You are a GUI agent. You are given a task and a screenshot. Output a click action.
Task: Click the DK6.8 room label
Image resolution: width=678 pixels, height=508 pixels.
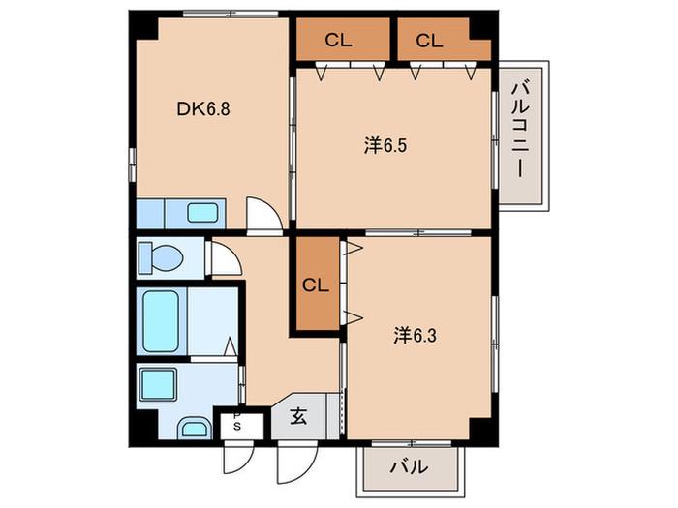(x=203, y=109)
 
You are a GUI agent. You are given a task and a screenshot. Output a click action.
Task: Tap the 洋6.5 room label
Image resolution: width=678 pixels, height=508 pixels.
(x=385, y=146)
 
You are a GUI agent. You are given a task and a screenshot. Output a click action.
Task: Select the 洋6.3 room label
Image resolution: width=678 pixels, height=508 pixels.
(x=415, y=336)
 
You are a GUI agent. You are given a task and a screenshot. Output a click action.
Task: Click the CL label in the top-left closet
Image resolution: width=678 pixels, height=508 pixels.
(x=338, y=41)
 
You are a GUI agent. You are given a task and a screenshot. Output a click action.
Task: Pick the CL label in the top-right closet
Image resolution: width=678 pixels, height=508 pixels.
(x=429, y=41)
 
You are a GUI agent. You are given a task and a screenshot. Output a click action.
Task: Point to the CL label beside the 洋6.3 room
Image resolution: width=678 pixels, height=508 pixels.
(x=315, y=285)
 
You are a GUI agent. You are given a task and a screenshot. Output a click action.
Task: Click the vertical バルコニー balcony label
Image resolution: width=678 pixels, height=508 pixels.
(x=521, y=130)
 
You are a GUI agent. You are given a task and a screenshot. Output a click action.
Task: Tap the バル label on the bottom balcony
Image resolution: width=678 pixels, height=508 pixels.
(x=410, y=467)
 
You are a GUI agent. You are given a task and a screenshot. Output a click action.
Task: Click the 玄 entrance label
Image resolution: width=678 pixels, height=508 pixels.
(x=298, y=416)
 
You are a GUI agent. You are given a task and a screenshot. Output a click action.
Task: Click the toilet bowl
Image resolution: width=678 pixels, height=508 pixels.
(x=161, y=257)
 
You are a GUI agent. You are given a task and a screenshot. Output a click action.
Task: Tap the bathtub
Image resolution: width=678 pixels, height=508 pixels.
(x=161, y=321)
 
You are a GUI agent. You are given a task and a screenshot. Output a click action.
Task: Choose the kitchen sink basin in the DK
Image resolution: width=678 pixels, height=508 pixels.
(x=202, y=213)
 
